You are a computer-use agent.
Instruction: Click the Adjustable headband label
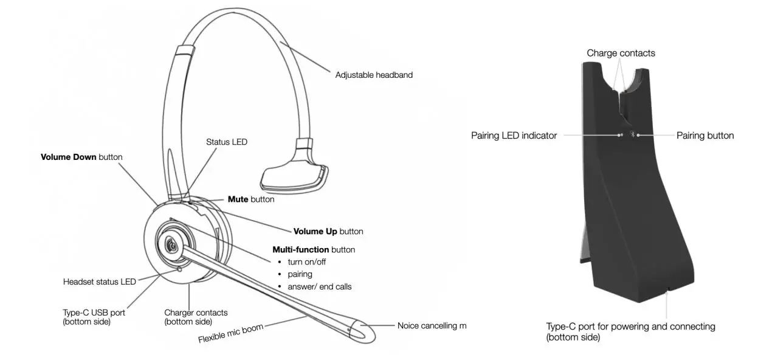tap(374, 75)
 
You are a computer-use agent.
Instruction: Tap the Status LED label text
tap(227, 142)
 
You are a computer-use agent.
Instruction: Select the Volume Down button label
tap(81, 157)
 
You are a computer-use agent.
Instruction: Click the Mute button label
tap(250, 199)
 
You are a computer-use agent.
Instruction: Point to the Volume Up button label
tap(328, 231)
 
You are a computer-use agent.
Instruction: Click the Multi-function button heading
tap(314, 249)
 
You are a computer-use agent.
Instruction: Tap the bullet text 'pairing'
tap(300, 274)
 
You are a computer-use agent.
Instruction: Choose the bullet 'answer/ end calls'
tap(319, 286)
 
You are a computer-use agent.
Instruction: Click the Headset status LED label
tap(100, 282)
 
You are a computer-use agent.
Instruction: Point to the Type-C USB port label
tap(94, 313)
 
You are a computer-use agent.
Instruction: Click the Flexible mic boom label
tap(230, 334)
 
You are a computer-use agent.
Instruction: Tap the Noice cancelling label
tap(432, 326)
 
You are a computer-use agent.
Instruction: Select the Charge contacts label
tap(621, 53)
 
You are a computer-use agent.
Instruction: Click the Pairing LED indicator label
tap(514, 136)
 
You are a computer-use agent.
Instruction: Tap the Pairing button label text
tap(705, 136)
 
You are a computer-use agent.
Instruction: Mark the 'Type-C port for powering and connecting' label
tap(630, 327)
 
